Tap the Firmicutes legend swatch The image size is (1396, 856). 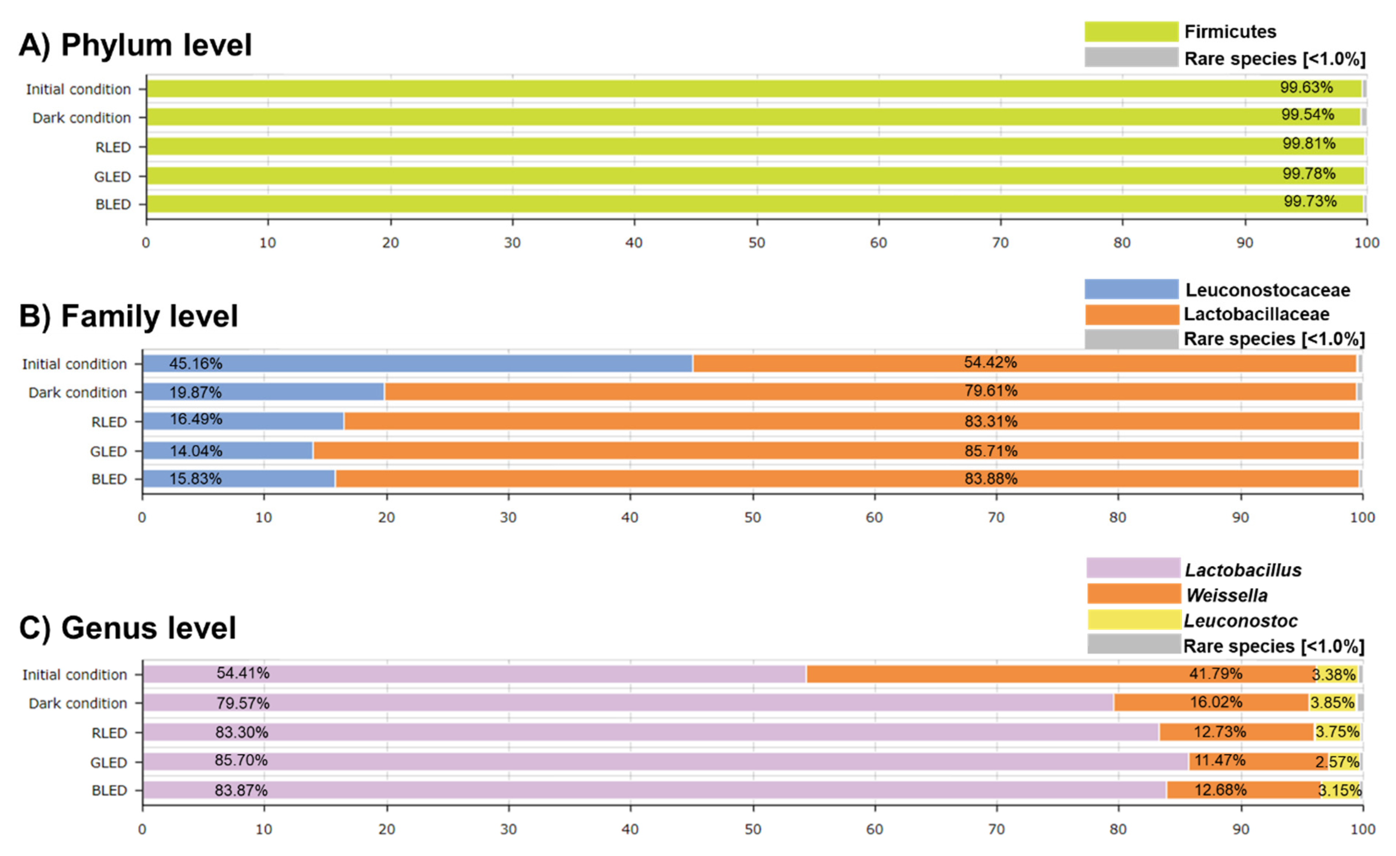[x=1131, y=32]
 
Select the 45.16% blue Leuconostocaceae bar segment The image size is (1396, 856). [x=417, y=363]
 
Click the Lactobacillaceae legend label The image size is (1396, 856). [x=1256, y=314]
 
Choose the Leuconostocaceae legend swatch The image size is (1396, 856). [x=1131, y=289]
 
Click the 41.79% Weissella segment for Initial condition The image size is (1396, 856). [x=1060, y=674]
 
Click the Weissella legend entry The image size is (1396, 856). [x=1226, y=595]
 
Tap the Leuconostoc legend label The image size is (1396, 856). [x=1240, y=621]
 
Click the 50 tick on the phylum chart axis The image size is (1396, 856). [x=756, y=243]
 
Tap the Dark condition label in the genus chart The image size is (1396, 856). [x=78, y=703]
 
